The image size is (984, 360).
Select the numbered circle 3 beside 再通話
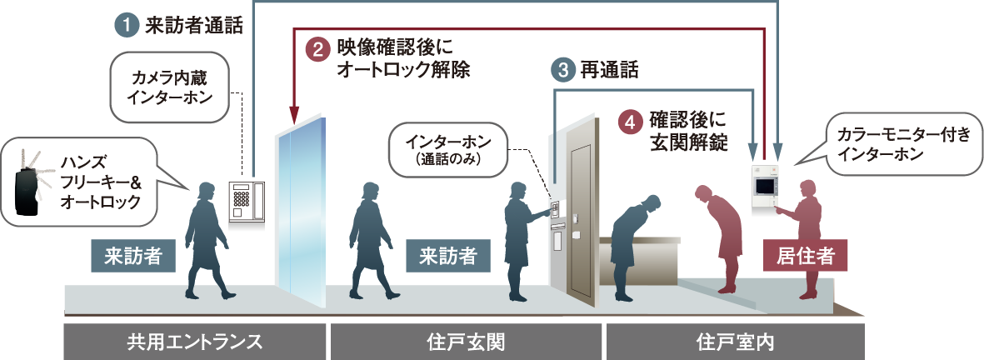(563, 70)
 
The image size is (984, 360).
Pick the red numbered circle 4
(629, 120)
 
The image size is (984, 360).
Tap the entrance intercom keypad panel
(246, 202)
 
